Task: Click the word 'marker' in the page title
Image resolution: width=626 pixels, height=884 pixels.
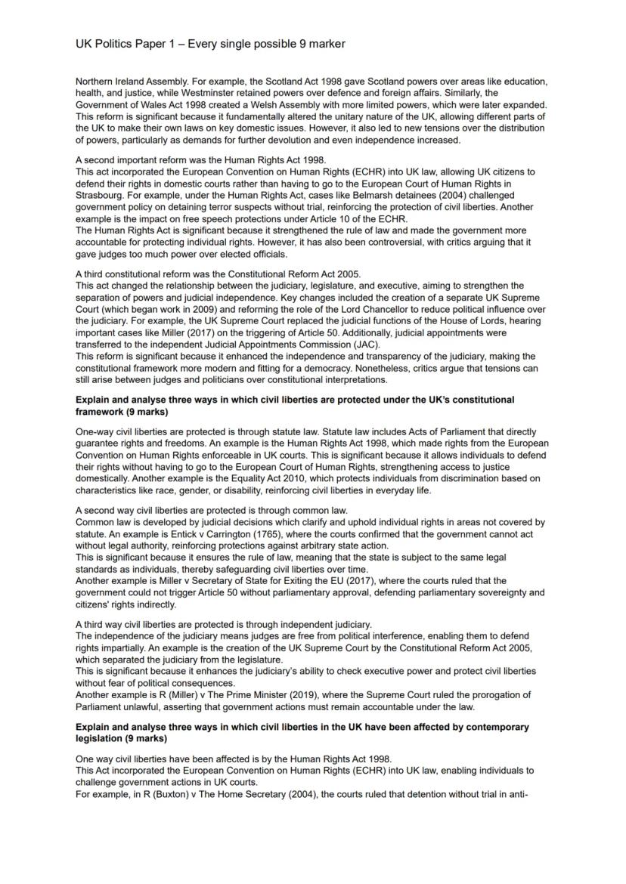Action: point(326,44)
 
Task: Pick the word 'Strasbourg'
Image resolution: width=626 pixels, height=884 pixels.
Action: point(99,195)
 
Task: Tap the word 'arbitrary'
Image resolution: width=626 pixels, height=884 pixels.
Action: point(349,546)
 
